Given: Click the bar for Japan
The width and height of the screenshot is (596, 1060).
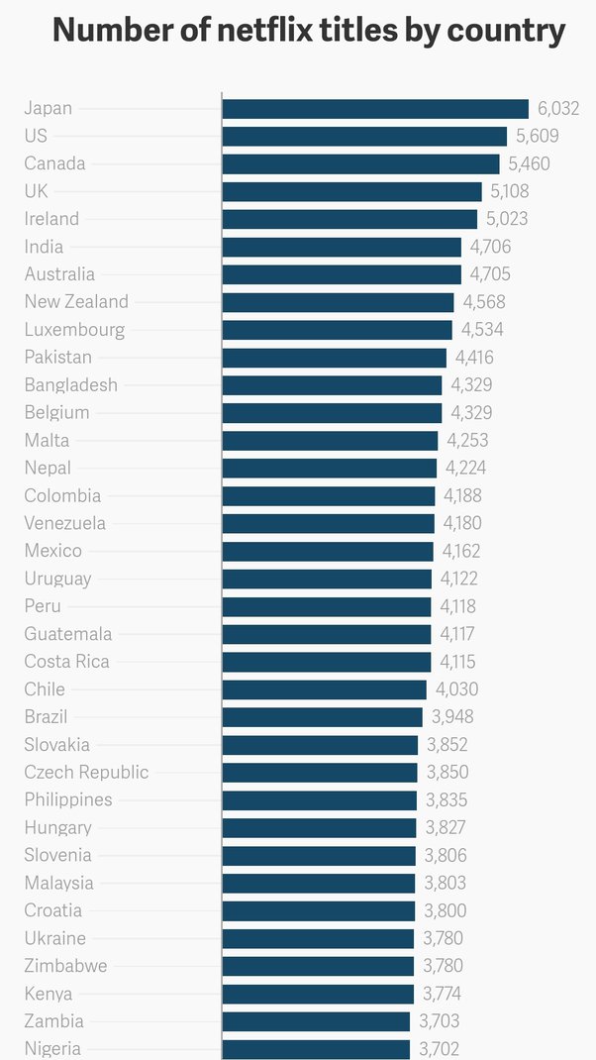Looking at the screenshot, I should pos(375,109).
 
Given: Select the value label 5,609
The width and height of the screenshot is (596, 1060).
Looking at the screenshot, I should pos(538,137).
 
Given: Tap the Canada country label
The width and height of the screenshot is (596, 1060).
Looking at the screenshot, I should pos(54,163).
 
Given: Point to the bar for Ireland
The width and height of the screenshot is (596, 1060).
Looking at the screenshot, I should pos(349,219).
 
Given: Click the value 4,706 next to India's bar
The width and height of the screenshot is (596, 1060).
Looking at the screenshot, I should pos(490,247).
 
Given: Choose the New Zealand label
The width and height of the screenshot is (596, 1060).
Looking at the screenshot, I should pos(76,302).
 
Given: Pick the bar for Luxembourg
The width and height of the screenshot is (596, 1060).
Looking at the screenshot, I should pos(337,330).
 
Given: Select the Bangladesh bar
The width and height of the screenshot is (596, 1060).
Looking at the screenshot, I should pos(332,385).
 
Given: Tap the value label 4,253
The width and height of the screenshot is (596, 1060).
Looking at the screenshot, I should pos(467,441).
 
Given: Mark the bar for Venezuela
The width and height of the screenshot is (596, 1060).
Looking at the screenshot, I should pos(328,523).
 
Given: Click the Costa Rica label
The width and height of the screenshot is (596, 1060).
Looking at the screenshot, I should pos(66,662).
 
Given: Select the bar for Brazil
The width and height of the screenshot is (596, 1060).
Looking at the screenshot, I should pos(322,717).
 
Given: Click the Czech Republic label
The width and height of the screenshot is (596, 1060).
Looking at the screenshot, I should pos(86,772).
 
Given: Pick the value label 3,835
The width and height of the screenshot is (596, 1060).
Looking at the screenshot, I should pos(447,799).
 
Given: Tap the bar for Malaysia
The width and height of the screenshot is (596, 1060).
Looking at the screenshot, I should pos(318,883).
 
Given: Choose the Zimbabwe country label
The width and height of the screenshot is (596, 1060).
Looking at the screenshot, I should pos(65,966).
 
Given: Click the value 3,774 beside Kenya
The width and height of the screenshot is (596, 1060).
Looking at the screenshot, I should pos(442,994).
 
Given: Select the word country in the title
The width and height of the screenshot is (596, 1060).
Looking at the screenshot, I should pos(506,31).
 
